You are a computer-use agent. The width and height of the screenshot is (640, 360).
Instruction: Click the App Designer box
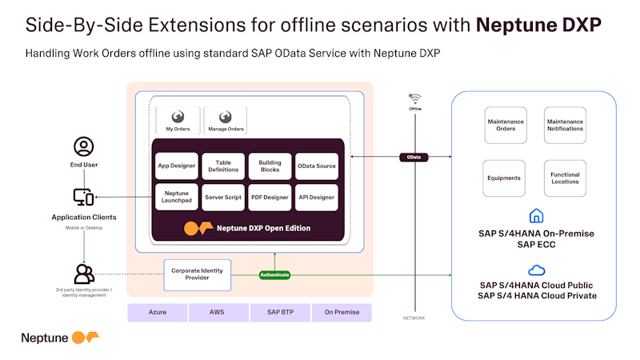pos(177,166)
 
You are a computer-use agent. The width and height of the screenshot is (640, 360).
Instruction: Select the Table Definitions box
pos(223,166)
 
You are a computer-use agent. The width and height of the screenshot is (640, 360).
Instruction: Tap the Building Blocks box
pos(270,166)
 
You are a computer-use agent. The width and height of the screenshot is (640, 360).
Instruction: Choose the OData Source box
pos(317,166)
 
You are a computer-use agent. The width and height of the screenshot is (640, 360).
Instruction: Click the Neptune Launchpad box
pos(177,197)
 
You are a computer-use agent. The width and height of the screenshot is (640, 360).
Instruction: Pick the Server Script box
pos(223,197)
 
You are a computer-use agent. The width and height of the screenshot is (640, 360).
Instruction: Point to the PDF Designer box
pos(270,197)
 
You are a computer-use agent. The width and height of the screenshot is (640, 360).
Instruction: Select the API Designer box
pos(317,197)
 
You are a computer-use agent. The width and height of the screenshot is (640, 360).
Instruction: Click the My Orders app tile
pos(178,120)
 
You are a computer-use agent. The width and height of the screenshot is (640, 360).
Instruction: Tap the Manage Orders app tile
pos(226,120)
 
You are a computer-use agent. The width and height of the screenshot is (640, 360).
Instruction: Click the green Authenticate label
pos(274,275)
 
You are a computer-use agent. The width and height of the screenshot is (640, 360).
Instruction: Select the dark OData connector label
pos(414,158)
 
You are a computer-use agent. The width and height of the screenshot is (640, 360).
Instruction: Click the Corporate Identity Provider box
pos(197,274)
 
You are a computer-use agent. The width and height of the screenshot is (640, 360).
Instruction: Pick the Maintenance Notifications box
pos(565,125)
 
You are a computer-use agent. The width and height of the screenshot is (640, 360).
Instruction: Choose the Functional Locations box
pos(565,178)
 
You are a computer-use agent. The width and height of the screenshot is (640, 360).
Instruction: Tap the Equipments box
pos(504,178)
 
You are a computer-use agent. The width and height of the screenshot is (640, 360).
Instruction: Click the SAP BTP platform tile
pos(279,312)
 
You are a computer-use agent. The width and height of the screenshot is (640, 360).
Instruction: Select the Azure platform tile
pos(157,312)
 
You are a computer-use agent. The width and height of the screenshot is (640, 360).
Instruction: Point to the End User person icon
pos(84,146)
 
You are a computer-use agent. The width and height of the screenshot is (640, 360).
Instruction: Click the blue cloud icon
pos(536,270)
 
